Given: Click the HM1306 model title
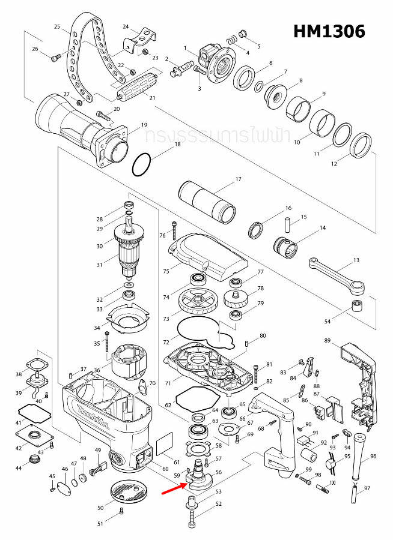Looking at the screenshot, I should tap(329, 32).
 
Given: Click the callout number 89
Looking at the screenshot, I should tap(327, 340).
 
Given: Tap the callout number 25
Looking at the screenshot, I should tap(57, 27).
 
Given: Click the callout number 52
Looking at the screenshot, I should tap(218, 504).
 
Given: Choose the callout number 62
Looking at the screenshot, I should tap(168, 406).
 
